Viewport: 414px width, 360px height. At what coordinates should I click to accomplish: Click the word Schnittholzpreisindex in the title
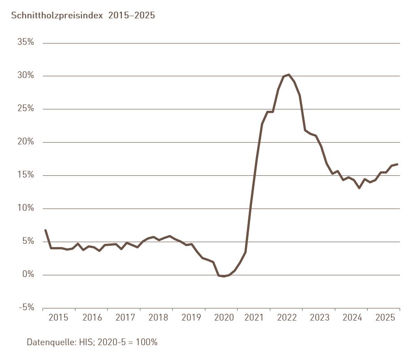pyautogui.click(x=56, y=15)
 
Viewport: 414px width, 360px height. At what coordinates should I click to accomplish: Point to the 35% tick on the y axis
pyautogui.click(x=26, y=42)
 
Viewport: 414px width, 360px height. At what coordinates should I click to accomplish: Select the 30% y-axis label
pyautogui.click(x=26, y=75)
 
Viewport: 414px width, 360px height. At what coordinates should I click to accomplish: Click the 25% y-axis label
pyautogui.click(x=26, y=108)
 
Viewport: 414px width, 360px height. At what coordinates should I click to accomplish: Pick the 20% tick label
pyautogui.click(x=26, y=142)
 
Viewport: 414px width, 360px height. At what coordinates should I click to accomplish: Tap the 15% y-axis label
pyautogui.click(x=26, y=175)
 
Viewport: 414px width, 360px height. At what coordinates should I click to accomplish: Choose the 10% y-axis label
pyautogui.click(x=26, y=208)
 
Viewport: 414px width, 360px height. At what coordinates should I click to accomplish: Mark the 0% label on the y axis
pyautogui.click(x=28, y=274)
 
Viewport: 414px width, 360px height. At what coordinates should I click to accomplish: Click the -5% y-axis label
pyautogui.click(x=26, y=308)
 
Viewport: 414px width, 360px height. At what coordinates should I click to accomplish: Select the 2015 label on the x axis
pyautogui.click(x=58, y=318)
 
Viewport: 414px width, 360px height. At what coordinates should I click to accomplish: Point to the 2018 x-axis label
pyautogui.click(x=158, y=318)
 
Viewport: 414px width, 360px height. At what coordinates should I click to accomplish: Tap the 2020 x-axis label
pyautogui.click(x=224, y=318)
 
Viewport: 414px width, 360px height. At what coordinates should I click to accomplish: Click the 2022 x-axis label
pyautogui.click(x=287, y=318)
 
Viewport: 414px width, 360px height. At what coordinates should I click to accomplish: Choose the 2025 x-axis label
pyautogui.click(x=385, y=318)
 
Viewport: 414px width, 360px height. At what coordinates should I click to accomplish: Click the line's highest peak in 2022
pyautogui.click(x=289, y=74)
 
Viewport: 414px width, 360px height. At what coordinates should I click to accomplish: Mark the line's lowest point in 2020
pyautogui.click(x=224, y=276)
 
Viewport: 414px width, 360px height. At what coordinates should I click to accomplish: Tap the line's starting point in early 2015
pyautogui.click(x=45, y=230)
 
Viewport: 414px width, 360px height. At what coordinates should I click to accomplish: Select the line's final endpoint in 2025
pyautogui.click(x=397, y=164)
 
